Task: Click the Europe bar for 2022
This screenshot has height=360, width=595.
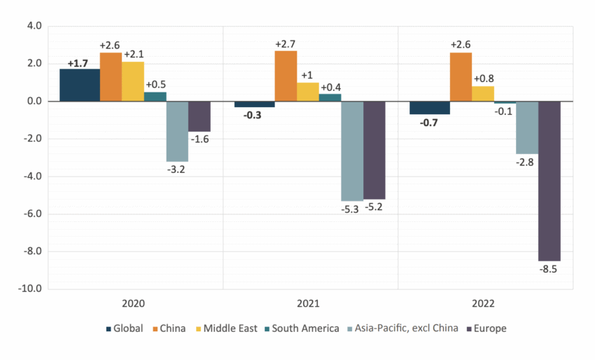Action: pos(549,181)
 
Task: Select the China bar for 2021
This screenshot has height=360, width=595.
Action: pos(286,76)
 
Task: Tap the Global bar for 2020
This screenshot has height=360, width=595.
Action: pos(79,85)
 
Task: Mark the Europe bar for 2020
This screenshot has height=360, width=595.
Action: pos(199,116)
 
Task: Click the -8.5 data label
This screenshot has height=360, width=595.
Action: pos(549,268)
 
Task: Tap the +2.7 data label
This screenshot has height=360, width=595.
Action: pos(286,44)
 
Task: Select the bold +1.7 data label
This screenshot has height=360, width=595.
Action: pos(78,63)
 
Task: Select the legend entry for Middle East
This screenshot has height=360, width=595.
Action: pos(228,328)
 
